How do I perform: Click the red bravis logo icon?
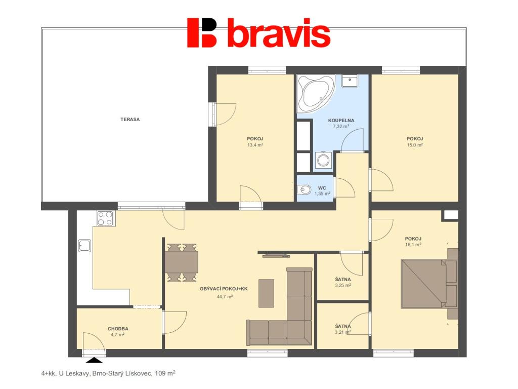tap(202, 32)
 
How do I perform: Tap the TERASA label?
tap(130, 120)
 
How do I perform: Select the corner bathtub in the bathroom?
tap(316, 94)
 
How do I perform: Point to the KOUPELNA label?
tap(341, 121)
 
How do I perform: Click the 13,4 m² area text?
tap(255, 145)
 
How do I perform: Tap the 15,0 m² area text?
tap(415, 145)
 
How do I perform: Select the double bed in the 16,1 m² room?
tap(429, 284)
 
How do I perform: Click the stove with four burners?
tap(105, 218)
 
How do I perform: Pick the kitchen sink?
tap(84, 246)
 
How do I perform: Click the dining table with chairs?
tap(182, 263)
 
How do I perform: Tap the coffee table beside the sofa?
tap(266, 293)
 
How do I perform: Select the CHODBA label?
tap(118, 329)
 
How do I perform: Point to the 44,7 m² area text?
tap(225, 297)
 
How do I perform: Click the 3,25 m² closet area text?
tap(343, 285)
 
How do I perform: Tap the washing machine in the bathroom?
tap(323, 161)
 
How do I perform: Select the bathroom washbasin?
tap(350, 81)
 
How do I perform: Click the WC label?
tap(322, 188)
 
